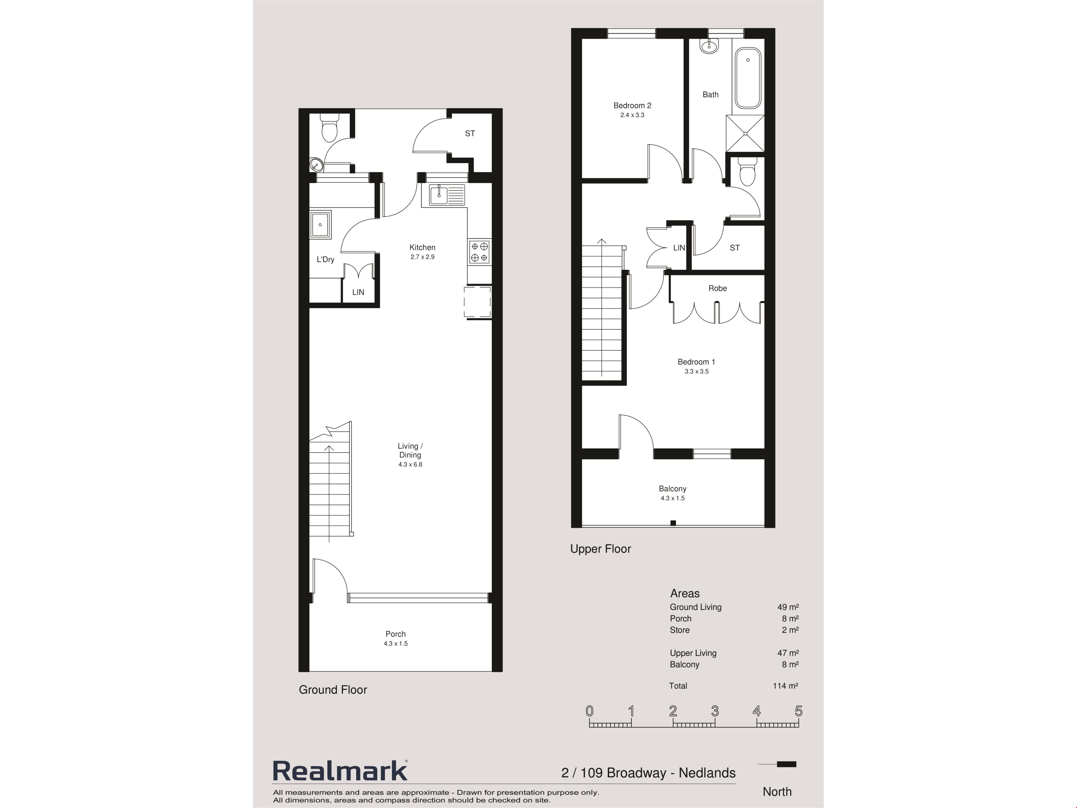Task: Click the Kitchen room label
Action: click(422, 247)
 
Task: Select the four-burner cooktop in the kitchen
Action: click(479, 252)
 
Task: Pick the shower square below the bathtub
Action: click(745, 134)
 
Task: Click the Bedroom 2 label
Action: click(632, 106)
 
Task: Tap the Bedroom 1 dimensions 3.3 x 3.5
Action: click(696, 371)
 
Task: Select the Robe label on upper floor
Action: click(717, 288)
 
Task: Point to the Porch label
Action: click(395, 634)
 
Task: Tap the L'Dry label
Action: click(325, 260)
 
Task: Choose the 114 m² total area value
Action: click(785, 686)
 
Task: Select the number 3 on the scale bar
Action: click(715, 711)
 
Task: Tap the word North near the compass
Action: click(777, 792)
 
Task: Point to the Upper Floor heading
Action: click(600, 549)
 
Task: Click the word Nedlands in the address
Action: click(707, 773)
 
